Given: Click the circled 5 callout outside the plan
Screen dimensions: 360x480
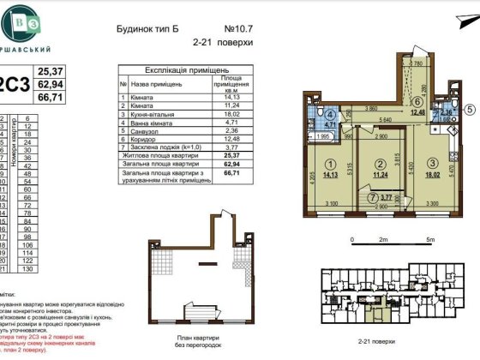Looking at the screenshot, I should point(471,109).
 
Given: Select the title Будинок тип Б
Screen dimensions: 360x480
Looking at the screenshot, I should point(148,27).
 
